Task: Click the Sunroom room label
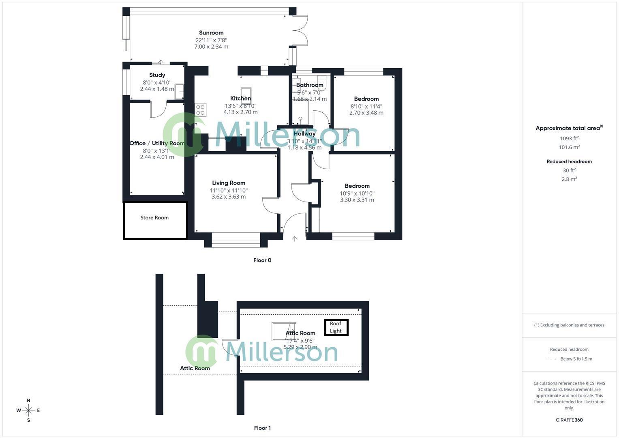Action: (211, 33)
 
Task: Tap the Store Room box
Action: (155, 220)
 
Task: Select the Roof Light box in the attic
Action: (336, 327)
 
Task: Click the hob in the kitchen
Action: (200, 110)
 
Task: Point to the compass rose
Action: (28, 410)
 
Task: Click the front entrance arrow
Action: (295, 239)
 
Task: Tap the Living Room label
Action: (229, 183)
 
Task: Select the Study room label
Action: (157, 75)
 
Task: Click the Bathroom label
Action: (310, 85)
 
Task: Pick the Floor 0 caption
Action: (262, 260)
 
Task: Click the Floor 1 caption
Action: (262, 428)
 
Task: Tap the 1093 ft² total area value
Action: (569, 138)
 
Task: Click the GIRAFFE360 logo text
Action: (569, 420)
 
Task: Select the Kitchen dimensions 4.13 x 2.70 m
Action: (240, 112)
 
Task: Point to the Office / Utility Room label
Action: (157, 143)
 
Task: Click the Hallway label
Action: (304, 133)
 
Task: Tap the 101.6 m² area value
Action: (569, 147)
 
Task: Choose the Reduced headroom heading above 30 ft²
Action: (569, 161)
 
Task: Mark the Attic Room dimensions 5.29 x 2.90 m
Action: (300, 347)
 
